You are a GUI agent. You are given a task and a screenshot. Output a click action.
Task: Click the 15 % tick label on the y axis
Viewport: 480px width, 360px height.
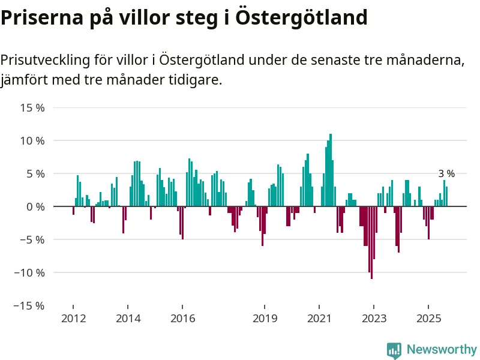tap(32, 108)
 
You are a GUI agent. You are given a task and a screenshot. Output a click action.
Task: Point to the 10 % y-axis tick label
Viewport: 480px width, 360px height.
tap(32, 141)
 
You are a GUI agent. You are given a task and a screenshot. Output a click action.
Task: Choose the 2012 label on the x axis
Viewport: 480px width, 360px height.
tap(73, 318)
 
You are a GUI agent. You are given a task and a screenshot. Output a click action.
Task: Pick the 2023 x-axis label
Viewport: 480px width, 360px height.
tap(374, 318)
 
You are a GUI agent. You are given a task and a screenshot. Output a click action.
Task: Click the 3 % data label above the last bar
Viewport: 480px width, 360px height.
tap(446, 174)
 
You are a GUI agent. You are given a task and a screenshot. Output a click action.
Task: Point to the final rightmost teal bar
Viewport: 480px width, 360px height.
tap(446, 196)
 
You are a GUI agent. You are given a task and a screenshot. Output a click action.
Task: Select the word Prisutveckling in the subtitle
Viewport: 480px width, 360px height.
tap(45, 61)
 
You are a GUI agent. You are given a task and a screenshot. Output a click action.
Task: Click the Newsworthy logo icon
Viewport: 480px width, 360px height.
tap(394, 350)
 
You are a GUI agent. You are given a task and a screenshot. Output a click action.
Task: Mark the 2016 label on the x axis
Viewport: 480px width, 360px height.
tap(182, 318)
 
